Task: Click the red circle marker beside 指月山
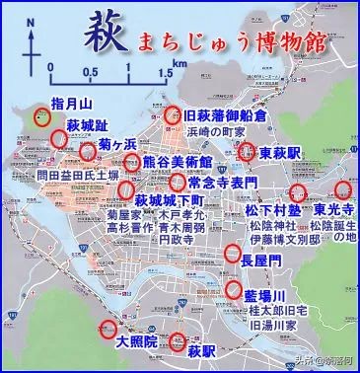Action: [x=41, y=116]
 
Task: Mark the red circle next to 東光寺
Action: [x=343, y=189]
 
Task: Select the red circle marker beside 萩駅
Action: [x=178, y=342]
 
